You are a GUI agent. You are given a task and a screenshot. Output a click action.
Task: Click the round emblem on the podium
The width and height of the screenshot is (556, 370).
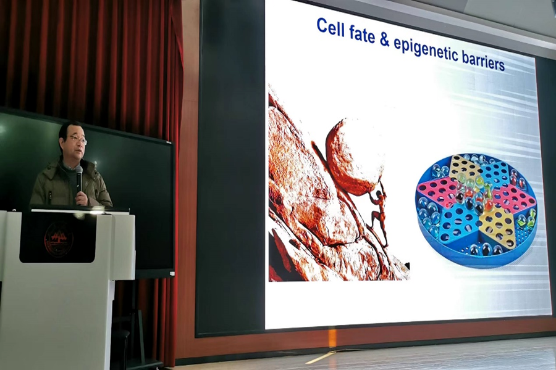59,239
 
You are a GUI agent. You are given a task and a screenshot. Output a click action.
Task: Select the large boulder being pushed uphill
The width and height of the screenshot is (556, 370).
355,157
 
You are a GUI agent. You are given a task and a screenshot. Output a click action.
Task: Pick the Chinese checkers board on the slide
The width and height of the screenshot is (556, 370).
477,210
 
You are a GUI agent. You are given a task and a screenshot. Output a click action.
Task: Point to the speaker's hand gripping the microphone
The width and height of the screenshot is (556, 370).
81,199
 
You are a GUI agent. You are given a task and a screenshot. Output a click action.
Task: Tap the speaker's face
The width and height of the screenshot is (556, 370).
75,142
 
